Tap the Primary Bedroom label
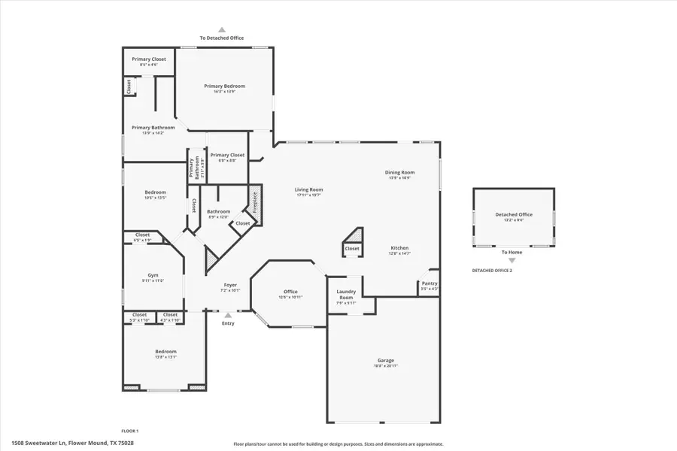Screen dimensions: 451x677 pos(224,86)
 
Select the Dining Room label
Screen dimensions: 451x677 pos(402,172)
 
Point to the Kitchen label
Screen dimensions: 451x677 pos(399,248)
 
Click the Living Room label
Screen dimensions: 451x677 pos(308,189)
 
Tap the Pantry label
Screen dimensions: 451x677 pos(429,283)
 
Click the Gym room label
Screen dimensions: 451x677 pos(153,275)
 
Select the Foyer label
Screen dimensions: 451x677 pos(230,285)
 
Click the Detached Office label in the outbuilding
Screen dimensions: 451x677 pos(513,215)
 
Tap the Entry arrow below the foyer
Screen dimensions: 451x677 pos(228,316)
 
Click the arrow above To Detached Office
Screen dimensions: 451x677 pos(221,29)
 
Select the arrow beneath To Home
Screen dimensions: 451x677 pos(512,260)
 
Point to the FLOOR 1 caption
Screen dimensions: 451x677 pos(130,431)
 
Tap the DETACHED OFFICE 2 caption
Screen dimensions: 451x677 pos(492,270)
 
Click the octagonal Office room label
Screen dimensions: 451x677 pos(290,292)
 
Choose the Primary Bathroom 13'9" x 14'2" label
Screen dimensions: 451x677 pos(153,128)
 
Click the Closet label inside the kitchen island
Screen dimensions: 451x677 pos(352,248)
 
